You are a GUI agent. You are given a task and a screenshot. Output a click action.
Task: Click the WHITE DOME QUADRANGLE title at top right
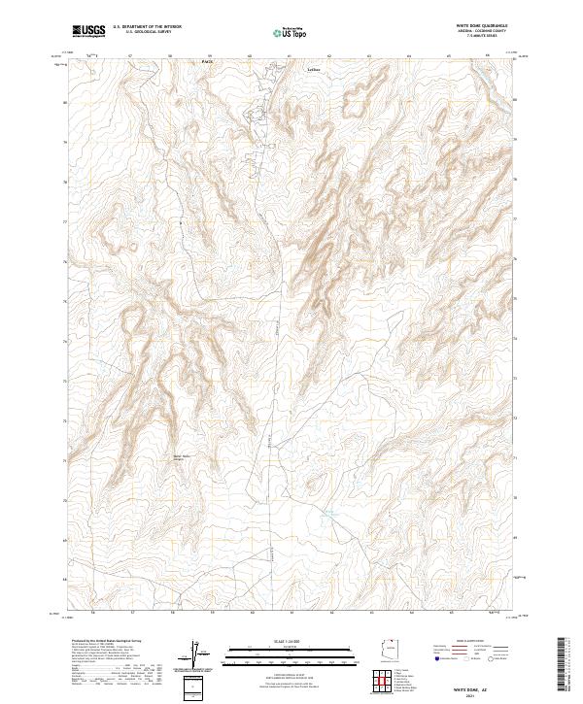pos(483,26)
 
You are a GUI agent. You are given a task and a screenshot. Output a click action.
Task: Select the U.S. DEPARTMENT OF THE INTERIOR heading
pos(147,27)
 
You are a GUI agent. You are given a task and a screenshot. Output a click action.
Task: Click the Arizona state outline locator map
pos(391,649)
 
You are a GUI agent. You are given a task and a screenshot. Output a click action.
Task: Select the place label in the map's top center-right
pos(312,70)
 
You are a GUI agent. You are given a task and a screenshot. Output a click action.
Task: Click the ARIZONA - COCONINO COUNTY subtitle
pos(483,31)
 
